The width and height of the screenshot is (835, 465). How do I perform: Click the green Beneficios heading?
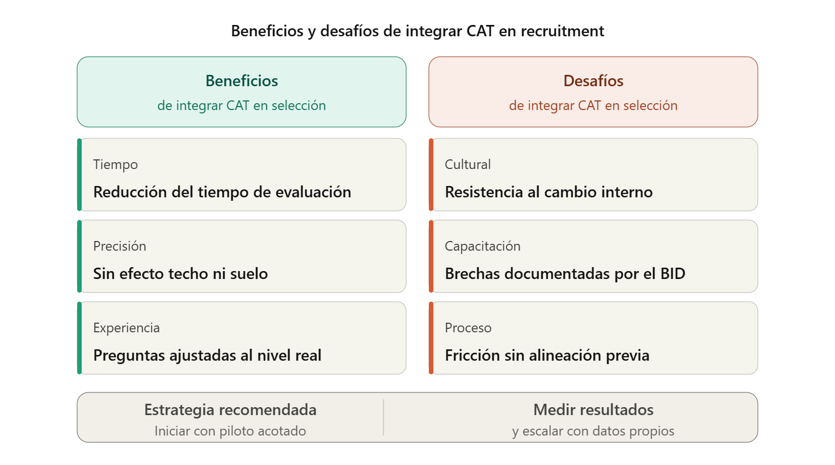(x=242, y=81)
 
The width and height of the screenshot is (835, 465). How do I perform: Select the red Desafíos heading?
(x=593, y=81)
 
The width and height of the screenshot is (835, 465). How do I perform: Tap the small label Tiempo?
(x=116, y=164)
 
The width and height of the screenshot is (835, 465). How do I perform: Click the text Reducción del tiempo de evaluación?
(x=222, y=192)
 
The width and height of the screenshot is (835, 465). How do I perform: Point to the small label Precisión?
(x=120, y=246)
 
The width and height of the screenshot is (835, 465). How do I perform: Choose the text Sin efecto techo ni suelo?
(x=180, y=274)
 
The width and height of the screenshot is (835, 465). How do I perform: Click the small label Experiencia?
(x=126, y=328)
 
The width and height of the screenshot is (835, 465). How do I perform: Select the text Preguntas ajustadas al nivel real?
(x=207, y=356)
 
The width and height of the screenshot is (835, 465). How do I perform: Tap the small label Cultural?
(x=467, y=164)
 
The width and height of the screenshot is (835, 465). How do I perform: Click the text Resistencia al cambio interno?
(x=549, y=192)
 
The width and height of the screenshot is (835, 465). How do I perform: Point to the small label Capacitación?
(x=482, y=246)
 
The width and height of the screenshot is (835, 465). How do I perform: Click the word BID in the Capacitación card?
(x=673, y=274)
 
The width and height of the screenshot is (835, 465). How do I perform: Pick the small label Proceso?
(x=468, y=328)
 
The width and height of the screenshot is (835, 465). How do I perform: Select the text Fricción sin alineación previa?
(x=547, y=356)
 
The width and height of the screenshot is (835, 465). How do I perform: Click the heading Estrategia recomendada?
(x=230, y=409)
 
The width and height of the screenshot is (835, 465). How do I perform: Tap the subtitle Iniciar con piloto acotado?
(x=230, y=431)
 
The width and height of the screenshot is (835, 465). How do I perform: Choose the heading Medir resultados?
(x=593, y=409)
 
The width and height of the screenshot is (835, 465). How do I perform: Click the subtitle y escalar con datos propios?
(x=593, y=431)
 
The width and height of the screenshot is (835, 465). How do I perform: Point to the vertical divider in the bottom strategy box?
(x=383, y=417)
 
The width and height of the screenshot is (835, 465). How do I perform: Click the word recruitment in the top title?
(x=562, y=31)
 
